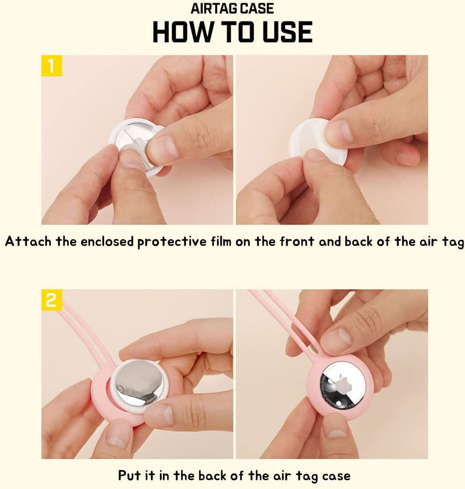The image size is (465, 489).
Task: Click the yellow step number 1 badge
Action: pos(52,66)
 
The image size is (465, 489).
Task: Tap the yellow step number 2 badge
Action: pos(52,300)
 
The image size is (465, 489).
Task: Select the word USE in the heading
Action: pos(287,32)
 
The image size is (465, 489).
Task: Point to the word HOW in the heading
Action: pos(182,32)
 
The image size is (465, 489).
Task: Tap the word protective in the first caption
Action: pos(172,242)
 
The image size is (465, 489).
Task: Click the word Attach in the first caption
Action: pos(28,241)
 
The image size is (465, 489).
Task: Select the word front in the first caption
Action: pos(297,241)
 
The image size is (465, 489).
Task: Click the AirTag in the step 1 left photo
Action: pos(136,147)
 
